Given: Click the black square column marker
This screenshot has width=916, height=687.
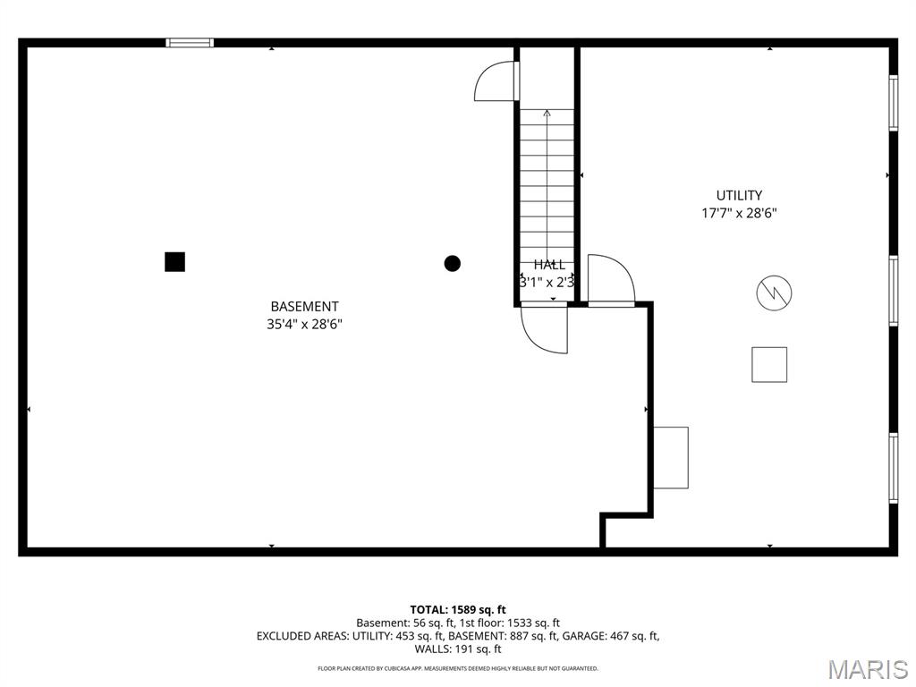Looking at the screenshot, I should pyautogui.click(x=174, y=261).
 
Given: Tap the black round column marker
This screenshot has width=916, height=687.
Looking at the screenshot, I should pyautogui.click(x=453, y=263).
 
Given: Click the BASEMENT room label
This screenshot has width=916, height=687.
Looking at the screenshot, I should pyautogui.click(x=304, y=307).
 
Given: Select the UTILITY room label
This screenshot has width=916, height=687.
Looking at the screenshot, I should pyautogui.click(x=739, y=195).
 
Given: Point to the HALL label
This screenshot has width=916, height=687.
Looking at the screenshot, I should pyautogui.click(x=549, y=265).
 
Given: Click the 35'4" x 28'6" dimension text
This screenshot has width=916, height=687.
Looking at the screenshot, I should pyautogui.click(x=304, y=325).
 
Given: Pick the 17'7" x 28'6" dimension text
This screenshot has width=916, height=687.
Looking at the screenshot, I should pyautogui.click(x=739, y=214).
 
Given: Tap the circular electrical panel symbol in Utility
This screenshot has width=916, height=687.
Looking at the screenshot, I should pyautogui.click(x=774, y=293).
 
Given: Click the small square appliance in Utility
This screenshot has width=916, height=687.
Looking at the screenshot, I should pyautogui.click(x=769, y=364).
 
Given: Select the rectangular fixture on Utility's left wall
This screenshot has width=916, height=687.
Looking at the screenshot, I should pyautogui.click(x=671, y=457).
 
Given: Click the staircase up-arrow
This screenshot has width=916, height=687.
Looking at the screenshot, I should pyautogui.click(x=547, y=114).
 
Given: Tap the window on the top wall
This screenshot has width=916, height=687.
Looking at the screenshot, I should pyautogui.click(x=191, y=42).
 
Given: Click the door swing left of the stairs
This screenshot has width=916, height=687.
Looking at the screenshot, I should pyautogui.click(x=495, y=81).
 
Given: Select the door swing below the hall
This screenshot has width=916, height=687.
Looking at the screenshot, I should pyautogui.click(x=544, y=329).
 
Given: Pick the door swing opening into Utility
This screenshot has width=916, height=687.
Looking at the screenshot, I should pyautogui.click(x=611, y=279).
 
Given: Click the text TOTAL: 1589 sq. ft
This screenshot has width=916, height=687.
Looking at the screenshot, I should pyautogui.click(x=458, y=609).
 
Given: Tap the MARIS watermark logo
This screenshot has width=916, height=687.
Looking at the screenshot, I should pyautogui.click(x=867, y=669).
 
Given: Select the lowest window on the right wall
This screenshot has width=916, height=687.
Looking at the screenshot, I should pyautogui.click(x=893, y=467).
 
